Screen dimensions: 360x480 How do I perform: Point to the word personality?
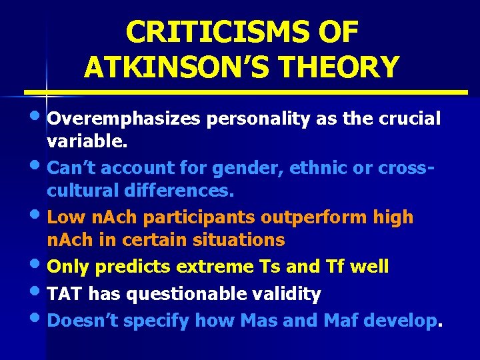point(247,119)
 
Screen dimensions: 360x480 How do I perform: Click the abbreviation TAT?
point(66,293)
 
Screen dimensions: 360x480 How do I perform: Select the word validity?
point(294,293)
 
